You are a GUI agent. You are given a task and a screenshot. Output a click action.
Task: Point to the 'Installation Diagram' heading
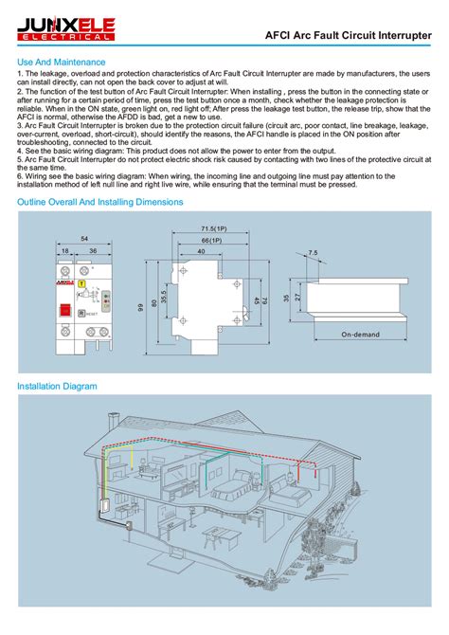(58, 387)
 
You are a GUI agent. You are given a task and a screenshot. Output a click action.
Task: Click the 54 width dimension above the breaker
(84, 238)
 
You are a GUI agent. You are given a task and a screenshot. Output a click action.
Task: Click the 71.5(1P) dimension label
(213, 229)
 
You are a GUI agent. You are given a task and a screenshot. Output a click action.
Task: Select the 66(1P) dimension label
(213, 241)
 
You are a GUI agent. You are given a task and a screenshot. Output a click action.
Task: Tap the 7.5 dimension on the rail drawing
(314, 252)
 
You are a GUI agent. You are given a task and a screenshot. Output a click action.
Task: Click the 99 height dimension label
(140, 305)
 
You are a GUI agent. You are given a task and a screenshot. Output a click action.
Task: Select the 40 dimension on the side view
(201, 251)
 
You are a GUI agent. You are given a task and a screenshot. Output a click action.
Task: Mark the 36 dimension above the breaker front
(93, 251)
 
